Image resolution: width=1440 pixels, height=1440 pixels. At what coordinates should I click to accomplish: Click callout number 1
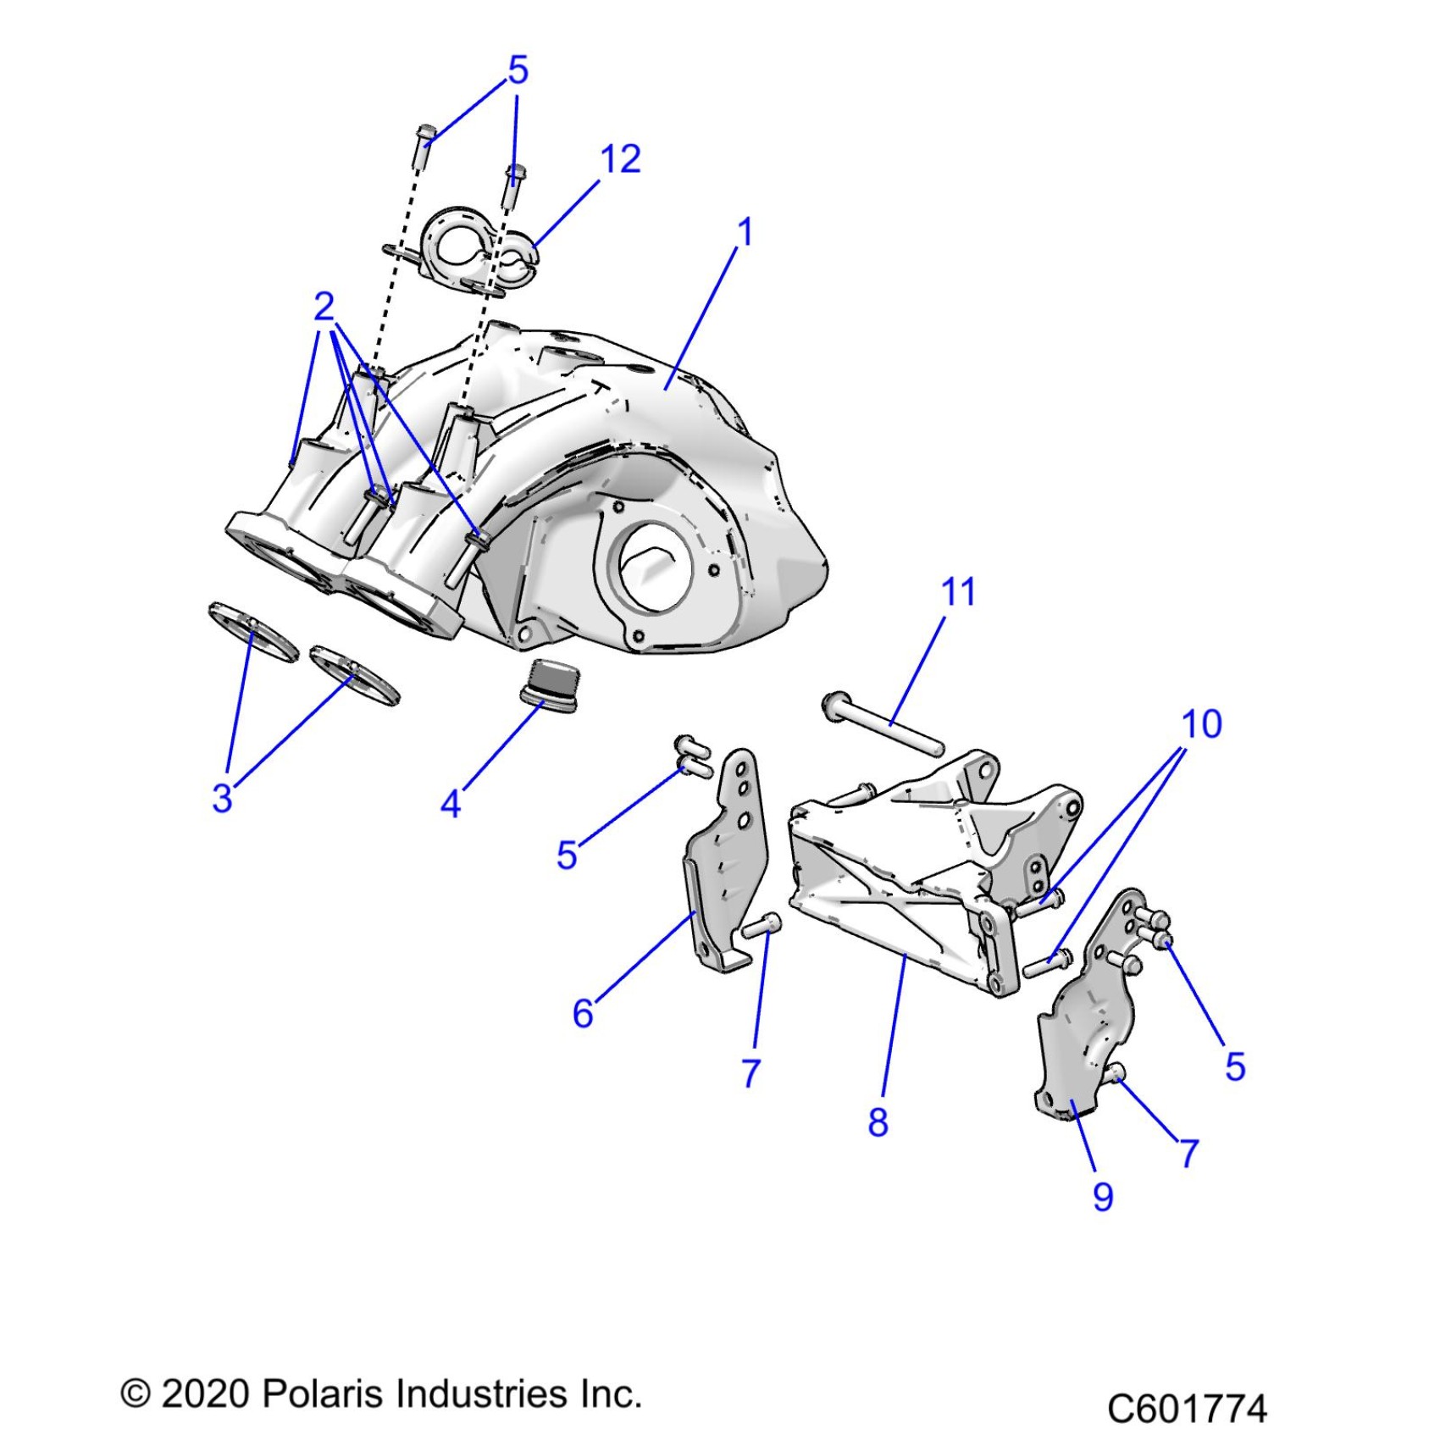[745, 232]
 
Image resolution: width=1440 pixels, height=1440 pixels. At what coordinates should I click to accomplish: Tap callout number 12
[620, 159]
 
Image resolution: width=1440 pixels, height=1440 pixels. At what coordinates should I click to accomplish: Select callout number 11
[959, 591]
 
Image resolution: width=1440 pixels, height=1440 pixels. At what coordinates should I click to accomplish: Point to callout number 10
[1201, 724]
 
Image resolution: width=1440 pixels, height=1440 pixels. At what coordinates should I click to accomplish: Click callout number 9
[1103, 1196]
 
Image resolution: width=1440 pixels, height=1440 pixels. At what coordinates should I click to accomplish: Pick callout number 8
[878, 1122]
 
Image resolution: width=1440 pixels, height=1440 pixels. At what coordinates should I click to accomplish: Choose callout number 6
[583, 1013]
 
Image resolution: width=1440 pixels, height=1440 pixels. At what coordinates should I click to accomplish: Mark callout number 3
[222, 798]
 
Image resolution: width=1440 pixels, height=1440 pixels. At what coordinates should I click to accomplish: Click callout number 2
[324, 306]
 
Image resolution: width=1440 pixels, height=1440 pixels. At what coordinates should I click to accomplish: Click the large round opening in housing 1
[656, 566]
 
